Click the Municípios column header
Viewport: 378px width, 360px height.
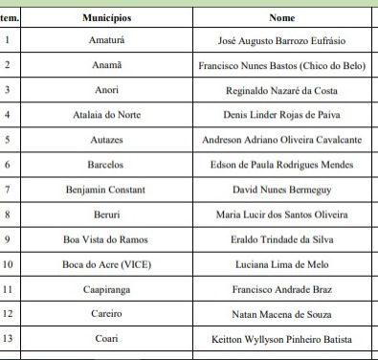tap(106, 17)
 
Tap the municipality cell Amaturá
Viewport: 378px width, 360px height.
tap(106, 41)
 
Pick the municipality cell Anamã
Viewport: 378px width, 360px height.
tap(106, 66)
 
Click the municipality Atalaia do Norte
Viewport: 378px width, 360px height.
tap(106, 115)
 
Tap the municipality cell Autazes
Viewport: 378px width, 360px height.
tap(106, 140)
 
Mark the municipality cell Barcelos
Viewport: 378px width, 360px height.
tap(106, 165)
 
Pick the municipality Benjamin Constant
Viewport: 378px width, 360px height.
tap(106, 190)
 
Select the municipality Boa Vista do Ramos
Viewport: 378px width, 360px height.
tap(106, 239)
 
